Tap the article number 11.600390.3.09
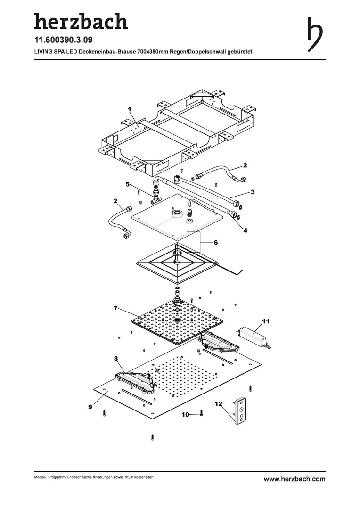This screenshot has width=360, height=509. point(63,40)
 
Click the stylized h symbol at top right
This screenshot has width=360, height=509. point(315,34)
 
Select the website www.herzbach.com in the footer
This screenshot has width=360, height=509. point(295,479)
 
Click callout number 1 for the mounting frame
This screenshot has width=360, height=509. point(130,109)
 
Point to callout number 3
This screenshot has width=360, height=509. point(253,192)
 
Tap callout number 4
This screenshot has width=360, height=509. point(245,230)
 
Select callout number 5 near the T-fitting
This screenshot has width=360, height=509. point(128,184)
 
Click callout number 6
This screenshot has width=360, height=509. point(215,243)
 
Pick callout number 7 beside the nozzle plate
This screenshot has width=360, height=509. point(115,308)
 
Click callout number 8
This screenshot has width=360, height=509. point(116,358)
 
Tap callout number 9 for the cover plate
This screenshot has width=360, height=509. point(90,406)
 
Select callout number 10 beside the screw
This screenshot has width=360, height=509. point(185,415)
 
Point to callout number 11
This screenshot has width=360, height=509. point(266,321)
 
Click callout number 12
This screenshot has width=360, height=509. point(219,403)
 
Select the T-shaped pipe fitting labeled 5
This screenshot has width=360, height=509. point(156,197)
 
